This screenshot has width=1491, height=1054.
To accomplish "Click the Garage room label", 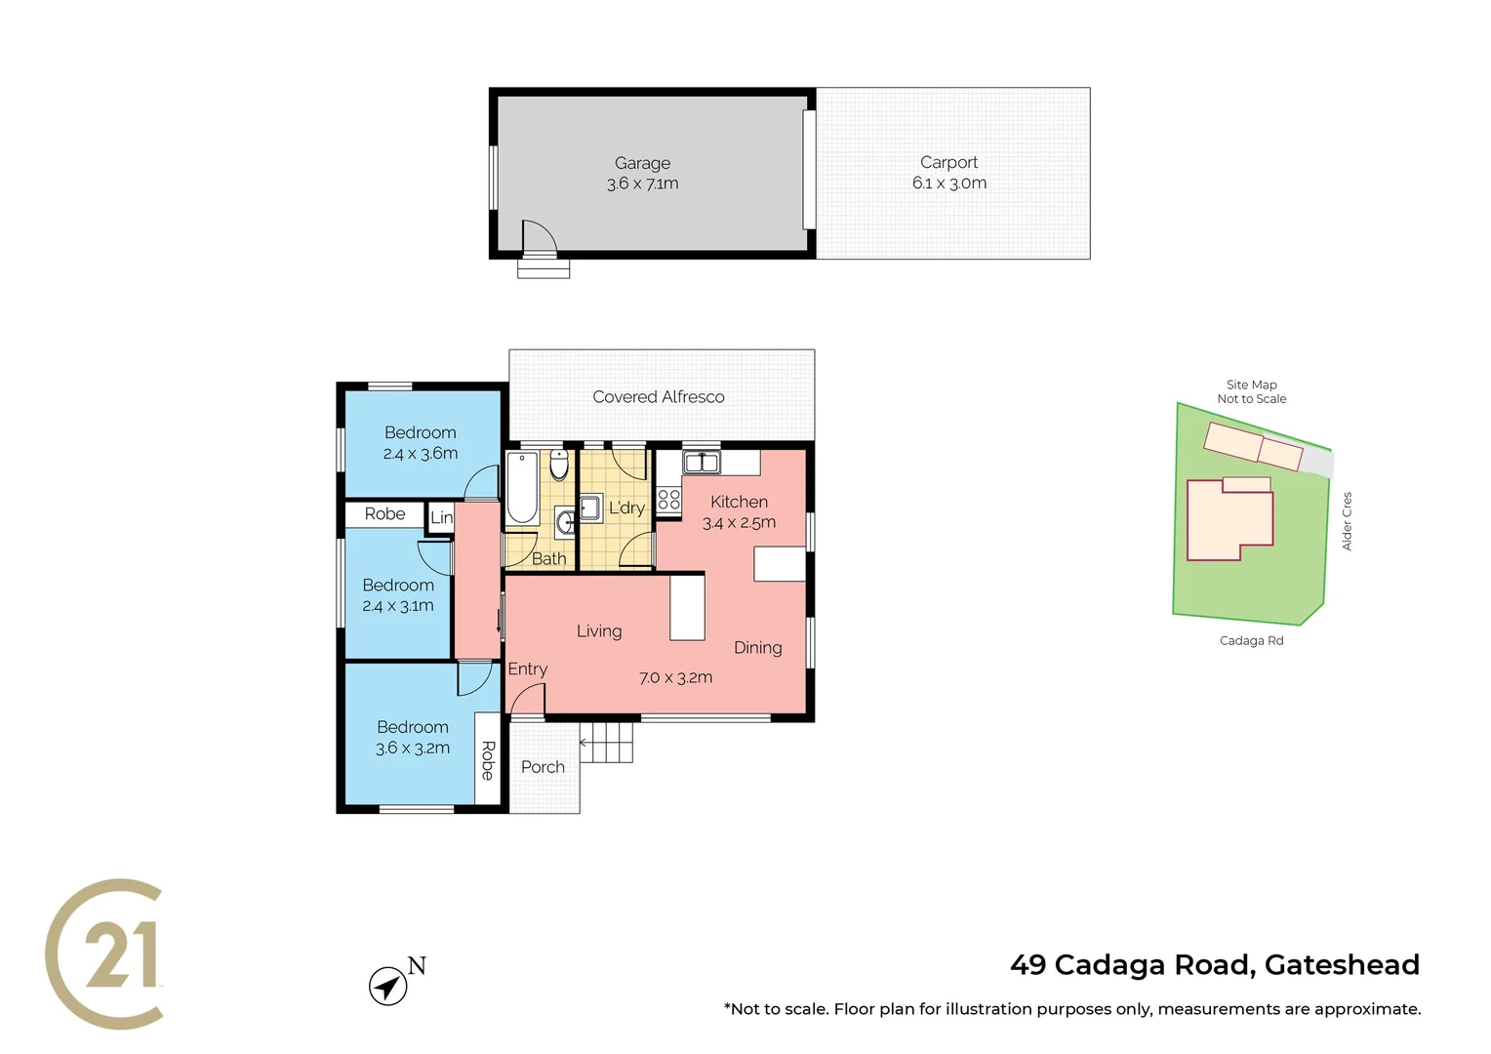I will pos(642,163).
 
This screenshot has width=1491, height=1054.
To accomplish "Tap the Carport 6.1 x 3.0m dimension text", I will pos(948,183).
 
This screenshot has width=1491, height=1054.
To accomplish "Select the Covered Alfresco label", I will pos(659,397).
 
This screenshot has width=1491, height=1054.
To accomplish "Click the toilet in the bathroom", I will pos(558,466).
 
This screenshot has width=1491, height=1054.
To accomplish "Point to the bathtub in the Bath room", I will pos(522,487).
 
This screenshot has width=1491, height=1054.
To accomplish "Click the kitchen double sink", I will pos(701,463).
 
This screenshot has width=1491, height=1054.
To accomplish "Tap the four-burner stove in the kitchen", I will pos(668,500).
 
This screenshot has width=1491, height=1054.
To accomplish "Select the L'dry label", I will pos(626,507).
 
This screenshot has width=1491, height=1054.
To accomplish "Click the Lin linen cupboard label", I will pos(442,517).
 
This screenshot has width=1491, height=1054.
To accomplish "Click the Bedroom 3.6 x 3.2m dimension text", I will pos(413,749).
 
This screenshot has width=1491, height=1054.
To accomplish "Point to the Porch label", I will pos(543,767).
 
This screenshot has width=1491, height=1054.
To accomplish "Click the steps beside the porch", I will pos(607,743).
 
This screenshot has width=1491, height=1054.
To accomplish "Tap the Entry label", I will pos(527,669).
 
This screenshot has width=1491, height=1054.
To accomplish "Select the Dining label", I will pos(758,648).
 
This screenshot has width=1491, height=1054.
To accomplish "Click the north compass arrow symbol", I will pos(388,986).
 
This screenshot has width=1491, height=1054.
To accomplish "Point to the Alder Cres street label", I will pos(1347,521).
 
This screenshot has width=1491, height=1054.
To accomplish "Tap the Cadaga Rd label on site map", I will pos(1251,641).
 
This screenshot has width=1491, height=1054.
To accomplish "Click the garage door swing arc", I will pos(540,236).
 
